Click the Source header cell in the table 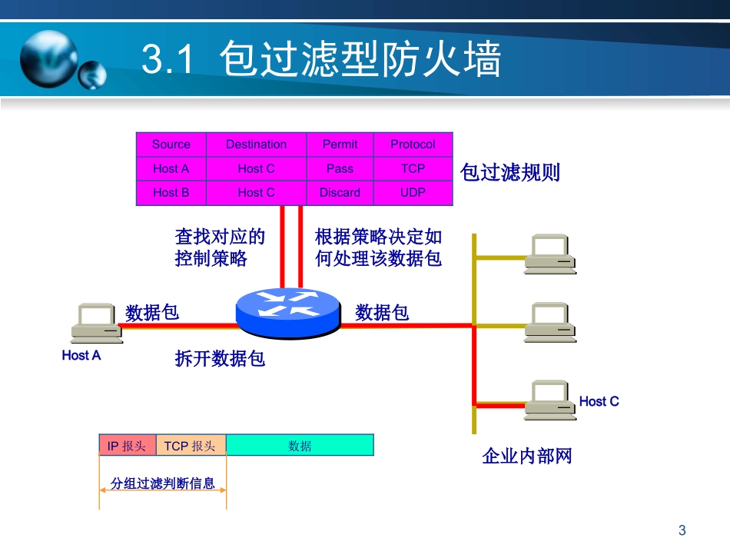click(171, 144)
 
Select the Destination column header click(256, 144)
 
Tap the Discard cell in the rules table click(340, 193)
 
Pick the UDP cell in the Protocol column click(413, 193)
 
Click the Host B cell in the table click(171, 193)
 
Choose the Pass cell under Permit click(340, 168)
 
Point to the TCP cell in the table click(413, 168)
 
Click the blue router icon click(287, 311)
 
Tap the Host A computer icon click(96, 323)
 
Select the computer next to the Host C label click(550, 399)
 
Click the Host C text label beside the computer click(599, 401)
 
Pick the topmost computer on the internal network click(550, 254)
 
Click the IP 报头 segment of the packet click(127, 446)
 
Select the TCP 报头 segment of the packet click(190, 446)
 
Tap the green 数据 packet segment click(300, 446)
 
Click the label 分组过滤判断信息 click(163, 484)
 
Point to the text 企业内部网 click(527, 457)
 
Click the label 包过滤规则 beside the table click(510, 172)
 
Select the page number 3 click(682, 530)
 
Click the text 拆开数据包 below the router click(220, 358)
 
